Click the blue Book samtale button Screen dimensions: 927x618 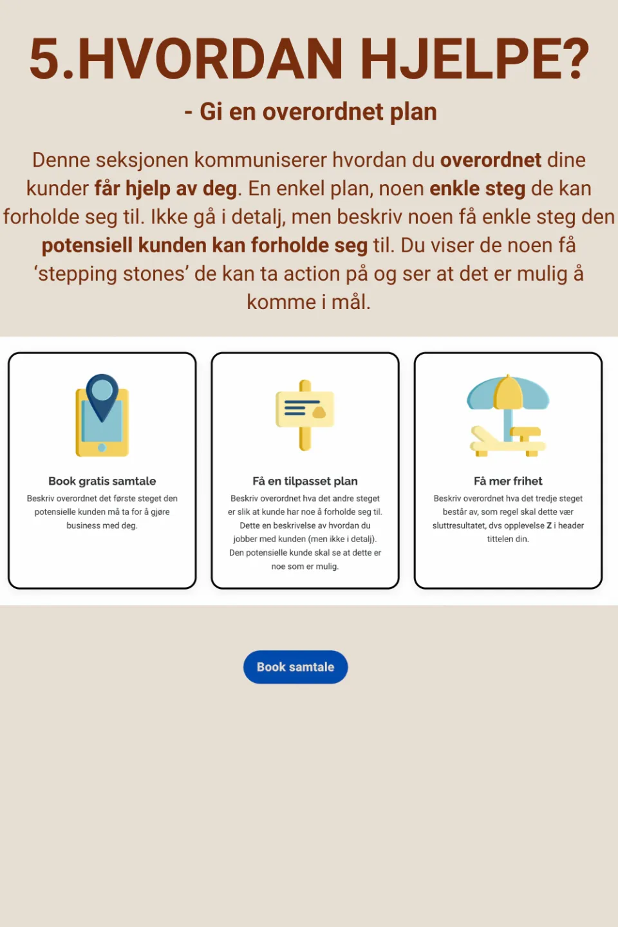tap(295, 667)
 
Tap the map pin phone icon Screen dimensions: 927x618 tap(102, 416)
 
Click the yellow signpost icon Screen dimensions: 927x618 tap(305, 415)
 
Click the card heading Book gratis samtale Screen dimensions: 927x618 tap(102, 481)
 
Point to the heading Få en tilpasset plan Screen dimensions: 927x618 tap(305, 481)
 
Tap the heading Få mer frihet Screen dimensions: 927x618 tap(508, 481)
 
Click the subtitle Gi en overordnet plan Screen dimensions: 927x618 tap(318, 112)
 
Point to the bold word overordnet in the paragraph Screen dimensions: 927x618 tap(491, 160)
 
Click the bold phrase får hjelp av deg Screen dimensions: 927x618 tap(166, 189)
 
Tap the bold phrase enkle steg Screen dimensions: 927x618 tap(478, 189)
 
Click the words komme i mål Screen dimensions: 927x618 tap(308, 302)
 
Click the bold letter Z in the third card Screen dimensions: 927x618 tap(549, 525)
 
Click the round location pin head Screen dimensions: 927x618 tap(102, 389)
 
